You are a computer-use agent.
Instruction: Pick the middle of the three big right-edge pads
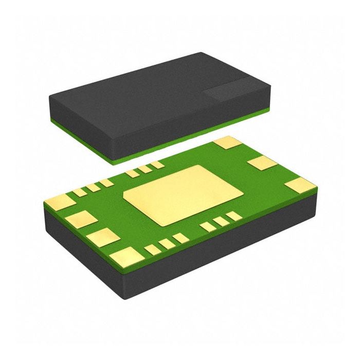click(262, 164)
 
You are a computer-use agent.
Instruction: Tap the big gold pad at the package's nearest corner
click(127, 256)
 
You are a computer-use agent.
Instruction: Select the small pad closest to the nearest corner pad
click(152, 250)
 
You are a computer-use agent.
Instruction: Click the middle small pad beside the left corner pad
click(93, 188)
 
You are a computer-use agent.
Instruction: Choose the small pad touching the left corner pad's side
click(80, 192)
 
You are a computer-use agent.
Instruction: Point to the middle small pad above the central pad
click(145, 169)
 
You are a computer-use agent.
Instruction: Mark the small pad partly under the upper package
click(157, 165)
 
